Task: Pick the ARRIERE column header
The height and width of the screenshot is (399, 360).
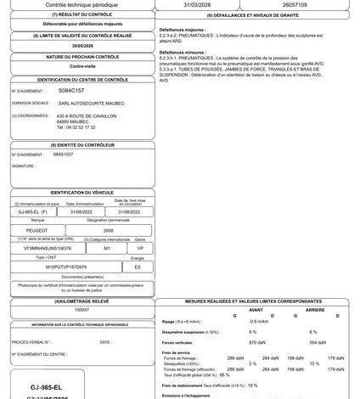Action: (316, 309)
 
